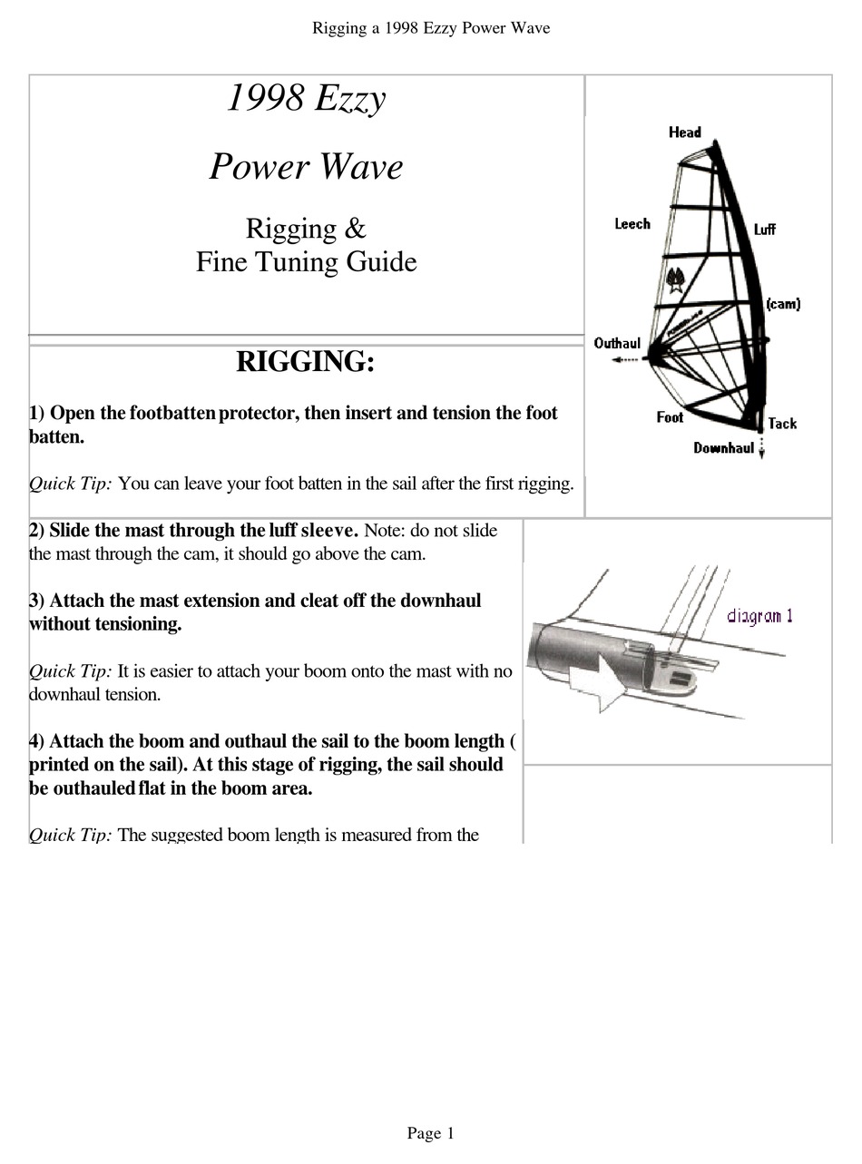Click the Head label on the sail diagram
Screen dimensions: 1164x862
[684, 132]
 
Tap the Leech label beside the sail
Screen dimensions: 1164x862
[632, 223]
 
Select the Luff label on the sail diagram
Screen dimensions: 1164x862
[764, 230]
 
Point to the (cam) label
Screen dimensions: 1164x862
[782, 304]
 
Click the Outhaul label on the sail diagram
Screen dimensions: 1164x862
[617, 343]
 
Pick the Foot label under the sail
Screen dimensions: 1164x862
[670, 417]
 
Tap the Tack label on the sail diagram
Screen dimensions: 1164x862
[781, 424]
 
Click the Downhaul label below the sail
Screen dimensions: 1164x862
[723, 448]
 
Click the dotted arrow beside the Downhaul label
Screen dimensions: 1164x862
[761, 449]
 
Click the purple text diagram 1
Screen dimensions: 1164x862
[759, 617]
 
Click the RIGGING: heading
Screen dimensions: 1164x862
[305, 362]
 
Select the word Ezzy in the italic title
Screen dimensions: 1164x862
[349, 99]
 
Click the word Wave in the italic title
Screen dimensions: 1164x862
[358, 168]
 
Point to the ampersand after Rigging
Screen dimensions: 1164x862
[356, 229]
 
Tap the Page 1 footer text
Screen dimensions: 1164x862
[430, 1133]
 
